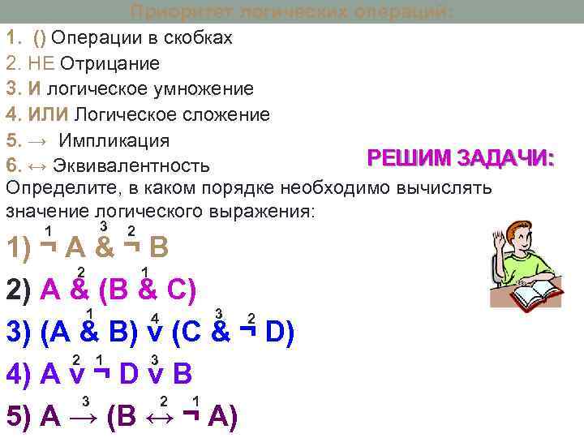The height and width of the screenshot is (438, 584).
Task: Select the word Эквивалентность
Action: [x=131, y=165]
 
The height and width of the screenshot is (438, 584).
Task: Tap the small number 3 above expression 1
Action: [x=103, y=225]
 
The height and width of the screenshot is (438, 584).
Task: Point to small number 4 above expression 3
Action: [x=154, y=317]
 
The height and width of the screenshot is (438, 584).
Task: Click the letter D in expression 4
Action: [x=127, y=375]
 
